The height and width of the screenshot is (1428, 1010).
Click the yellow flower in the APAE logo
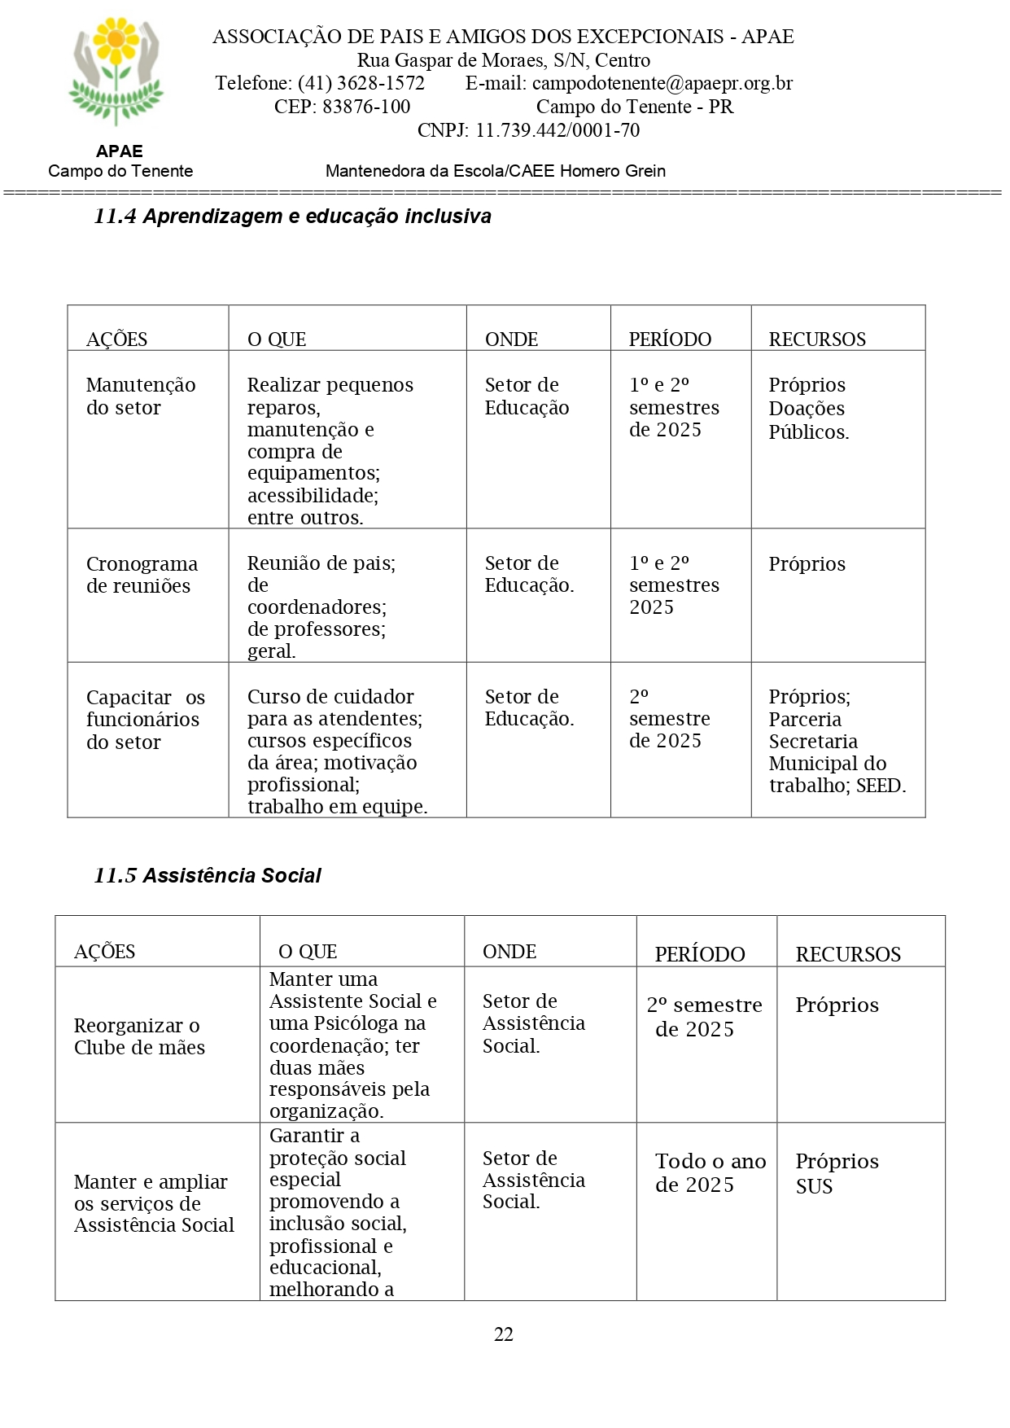116,39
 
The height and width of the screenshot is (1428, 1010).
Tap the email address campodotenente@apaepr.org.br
662,83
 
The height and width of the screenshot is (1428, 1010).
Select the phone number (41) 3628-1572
361,83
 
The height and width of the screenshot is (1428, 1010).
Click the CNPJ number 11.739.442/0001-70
557,130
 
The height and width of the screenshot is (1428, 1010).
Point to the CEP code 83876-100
366,107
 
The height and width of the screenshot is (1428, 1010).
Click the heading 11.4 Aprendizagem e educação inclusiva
293,217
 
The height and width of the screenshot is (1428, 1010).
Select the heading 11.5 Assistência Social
208,876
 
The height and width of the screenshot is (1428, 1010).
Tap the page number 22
504,1334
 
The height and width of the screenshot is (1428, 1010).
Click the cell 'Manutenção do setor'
141,396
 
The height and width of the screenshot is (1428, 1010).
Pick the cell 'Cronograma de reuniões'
142,575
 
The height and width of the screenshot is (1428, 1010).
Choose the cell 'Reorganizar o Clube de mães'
139,1036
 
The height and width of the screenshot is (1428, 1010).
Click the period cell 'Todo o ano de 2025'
710,1173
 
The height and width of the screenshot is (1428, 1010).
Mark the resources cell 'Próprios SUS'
837,1173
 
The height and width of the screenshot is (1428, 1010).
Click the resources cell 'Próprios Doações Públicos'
808,409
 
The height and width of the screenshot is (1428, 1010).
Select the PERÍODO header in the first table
670,339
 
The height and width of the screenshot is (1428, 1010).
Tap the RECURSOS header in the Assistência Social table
848,954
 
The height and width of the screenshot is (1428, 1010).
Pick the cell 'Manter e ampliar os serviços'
154,1203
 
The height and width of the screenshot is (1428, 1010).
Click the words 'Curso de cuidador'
330,697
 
